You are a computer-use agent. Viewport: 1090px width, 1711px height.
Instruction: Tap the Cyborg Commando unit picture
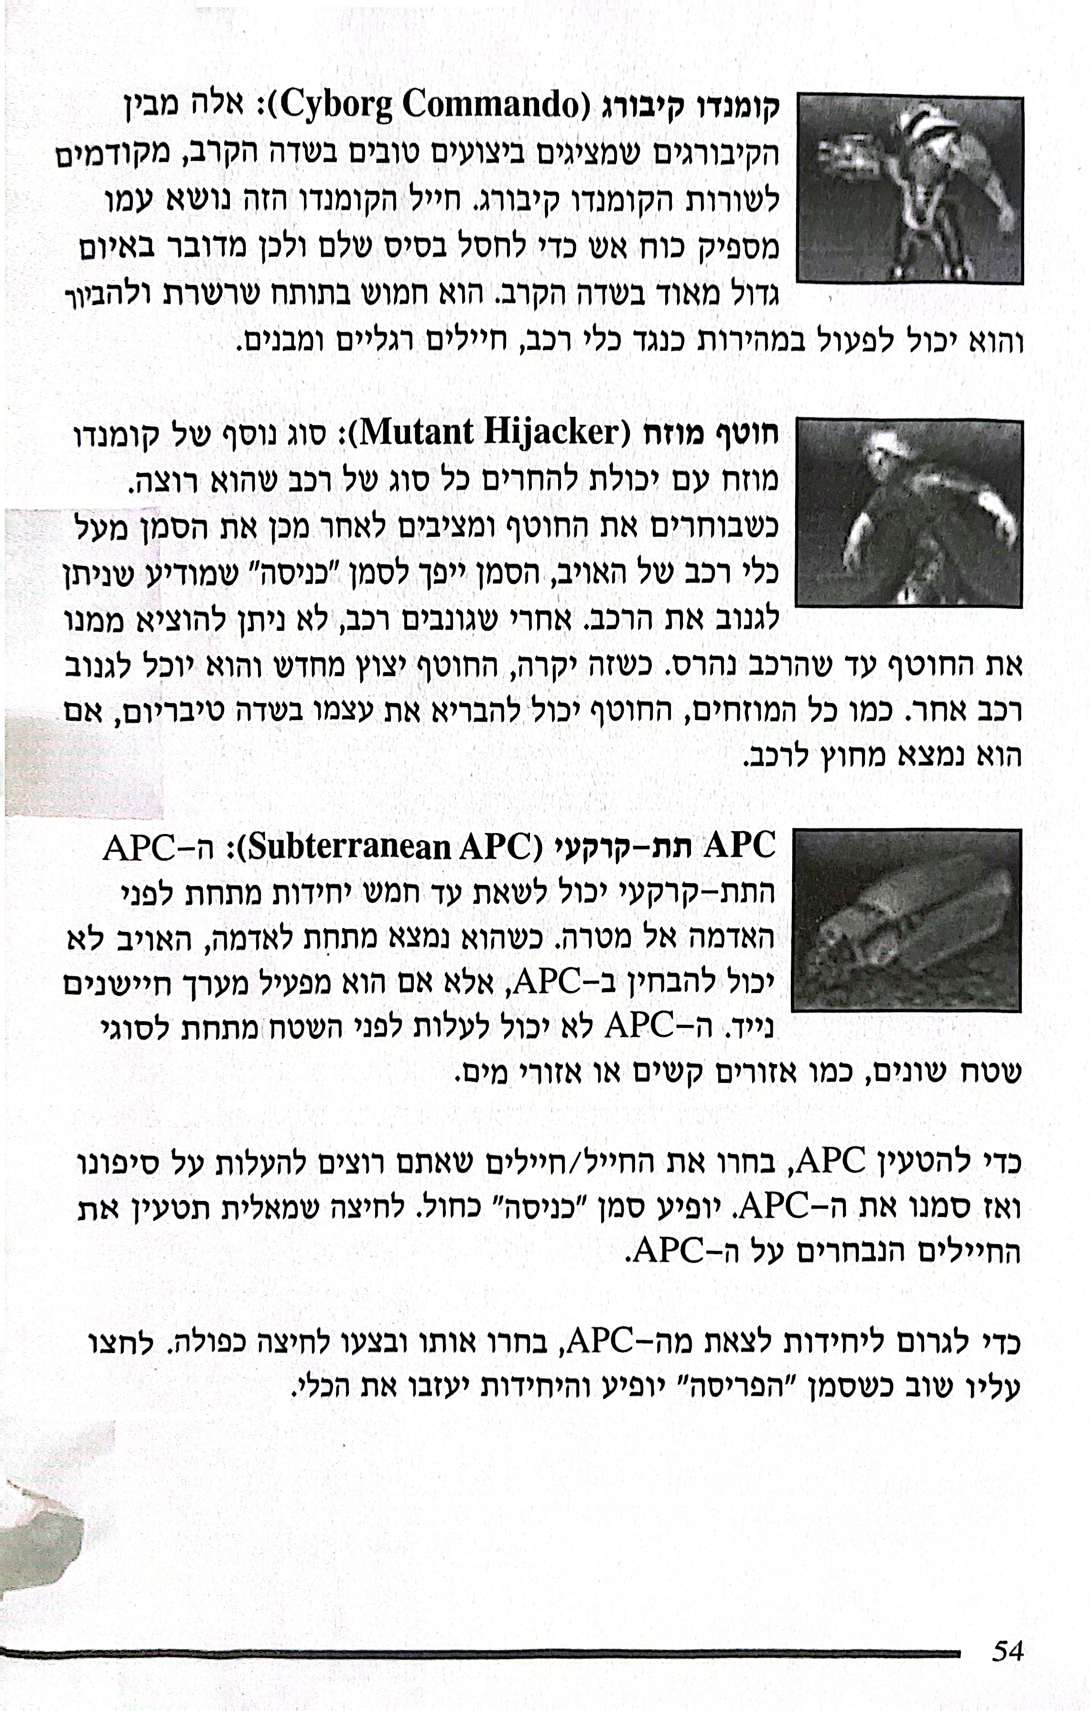(x=909, y=190)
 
